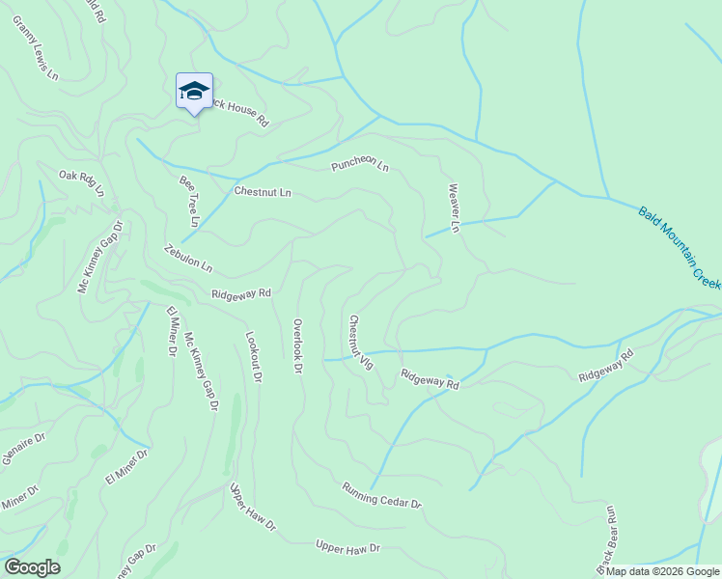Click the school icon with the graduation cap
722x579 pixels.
coord(194,92)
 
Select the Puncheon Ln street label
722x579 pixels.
coord(359,165)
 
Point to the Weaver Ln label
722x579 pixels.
coord(453,208)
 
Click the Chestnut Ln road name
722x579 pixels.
coord(263,192)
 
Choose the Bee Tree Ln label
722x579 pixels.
coord(189,201)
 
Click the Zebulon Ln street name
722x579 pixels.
coord(187,258)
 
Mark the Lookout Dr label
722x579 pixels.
coord(253,359)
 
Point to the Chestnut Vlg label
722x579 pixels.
coord(360,342)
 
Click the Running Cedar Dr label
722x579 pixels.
coord(382,496)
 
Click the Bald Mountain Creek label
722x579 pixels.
coord(680,246)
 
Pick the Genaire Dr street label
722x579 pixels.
coord(23,450)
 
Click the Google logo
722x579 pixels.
coord(31,567)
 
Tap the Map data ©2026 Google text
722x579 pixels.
coord(662,571)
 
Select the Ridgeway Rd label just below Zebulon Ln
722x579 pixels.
coord(241,292)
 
